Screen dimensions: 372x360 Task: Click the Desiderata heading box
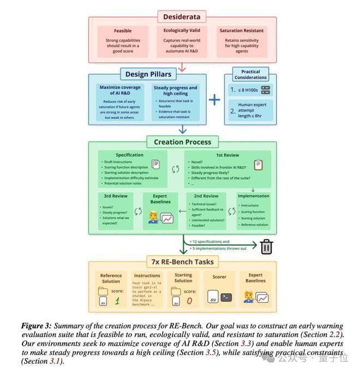pyautogui.click(x=182, y=17)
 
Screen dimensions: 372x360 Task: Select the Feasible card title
pyautogui.click(x=122, y=31)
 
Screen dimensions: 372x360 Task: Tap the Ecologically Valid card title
pyautogui.click(x=183, y=31)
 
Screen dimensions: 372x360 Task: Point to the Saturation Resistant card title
pyautogui.click(x=242, y=31)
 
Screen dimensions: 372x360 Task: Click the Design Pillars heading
pyautogui.click(x=148, y=74)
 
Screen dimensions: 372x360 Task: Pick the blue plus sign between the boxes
pyautogui.click(x=214, y=100)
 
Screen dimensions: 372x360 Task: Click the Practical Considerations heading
pyautogui.click(x=250, y=74)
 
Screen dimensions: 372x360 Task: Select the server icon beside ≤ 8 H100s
pyautogui.click(x=266, y=90)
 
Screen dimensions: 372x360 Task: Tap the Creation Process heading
pyautogui.click(x=182, y=142)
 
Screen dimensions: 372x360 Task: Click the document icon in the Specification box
pyautogui.click(x=155, y=164)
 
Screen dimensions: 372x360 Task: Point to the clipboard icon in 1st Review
pyautogui.click(x=259, y=164)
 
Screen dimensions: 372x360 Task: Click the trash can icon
pyautogui.click(x=266, y=247)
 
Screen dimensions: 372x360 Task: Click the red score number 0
pyautogui.click(x=189, y=300)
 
